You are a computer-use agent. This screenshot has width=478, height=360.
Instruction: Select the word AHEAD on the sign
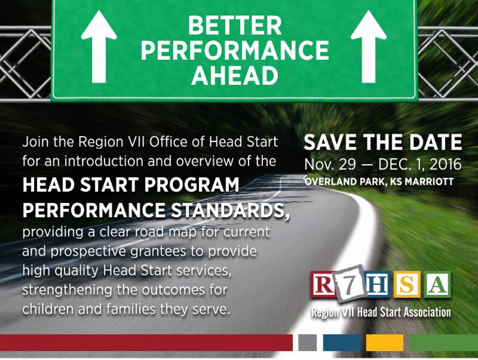click(x=234, y=75)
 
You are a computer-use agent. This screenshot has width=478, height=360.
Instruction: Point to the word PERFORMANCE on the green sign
click(x=234, y=51)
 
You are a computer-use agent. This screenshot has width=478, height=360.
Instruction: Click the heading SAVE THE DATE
click(x=382, y=143)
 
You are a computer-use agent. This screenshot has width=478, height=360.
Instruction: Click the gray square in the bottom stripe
click(x=307, y=342)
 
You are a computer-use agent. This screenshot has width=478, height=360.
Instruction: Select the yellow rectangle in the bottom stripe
click(x=385, y=342)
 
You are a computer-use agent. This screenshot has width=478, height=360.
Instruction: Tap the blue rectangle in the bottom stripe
click(x=342, y=342)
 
